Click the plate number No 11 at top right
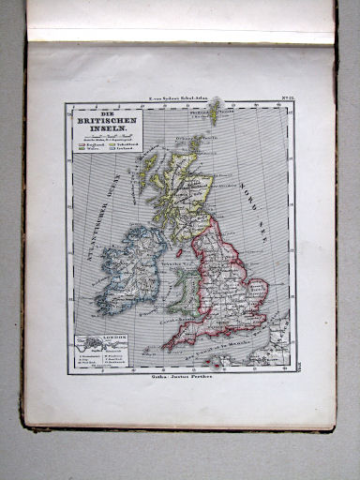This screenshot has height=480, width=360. [278, 97]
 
